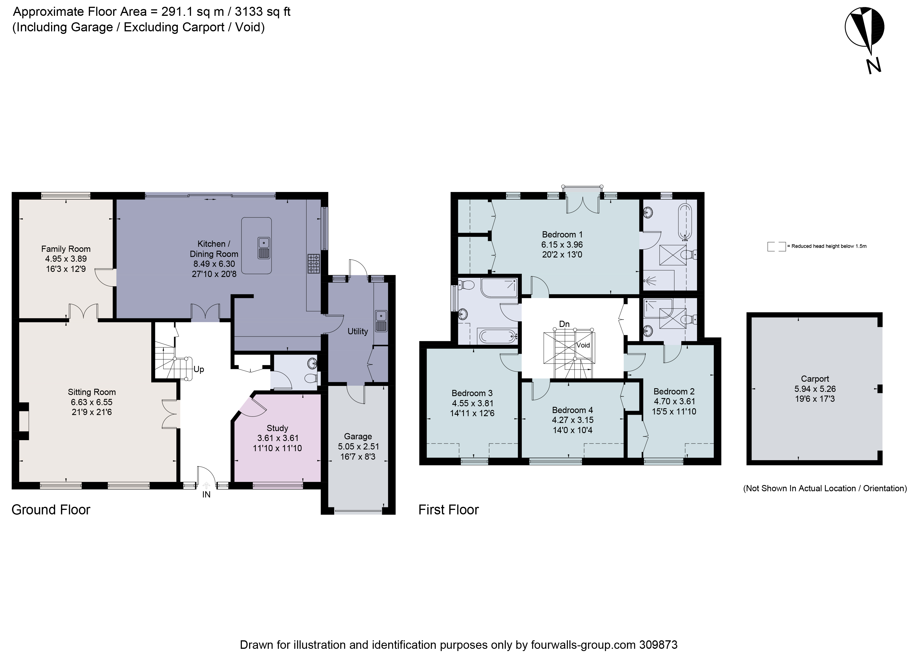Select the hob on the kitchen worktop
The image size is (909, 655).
click(314, 264)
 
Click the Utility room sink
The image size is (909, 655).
click(381, 321)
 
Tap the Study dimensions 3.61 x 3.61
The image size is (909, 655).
click(277, 438)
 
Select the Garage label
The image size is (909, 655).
click(358, 436)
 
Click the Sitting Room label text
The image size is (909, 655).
click(92, 392)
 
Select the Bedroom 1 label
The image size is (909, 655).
click(562, 235)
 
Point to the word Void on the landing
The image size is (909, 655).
click(583, 345)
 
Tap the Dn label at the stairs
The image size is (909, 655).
click(564, 324)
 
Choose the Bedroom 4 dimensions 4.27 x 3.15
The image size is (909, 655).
click(572, 420)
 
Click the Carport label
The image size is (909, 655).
click(815, 378)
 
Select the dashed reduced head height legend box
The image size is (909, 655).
click(776, 246)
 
